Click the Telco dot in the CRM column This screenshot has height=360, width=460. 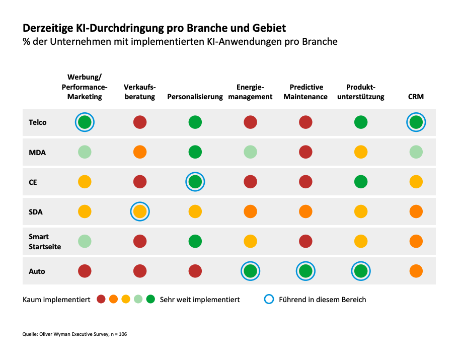(x=416, y=122)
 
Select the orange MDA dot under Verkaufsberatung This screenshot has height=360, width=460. (x=140, y=152)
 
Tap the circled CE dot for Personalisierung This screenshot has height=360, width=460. (x=195, y=182)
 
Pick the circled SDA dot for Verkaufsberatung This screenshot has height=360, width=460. (x=140, y=211)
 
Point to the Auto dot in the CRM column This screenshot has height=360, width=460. (x=416, y=271)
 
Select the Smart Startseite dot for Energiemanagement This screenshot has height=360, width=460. (x=250, y=242)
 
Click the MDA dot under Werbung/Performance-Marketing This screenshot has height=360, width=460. (x=85, y=152)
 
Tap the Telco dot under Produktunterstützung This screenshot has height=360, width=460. (x=360, y=122)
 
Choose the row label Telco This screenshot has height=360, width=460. (x=38, y=122)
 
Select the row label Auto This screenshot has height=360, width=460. (x=37, y=271)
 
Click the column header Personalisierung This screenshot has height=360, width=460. (x=195, y=97)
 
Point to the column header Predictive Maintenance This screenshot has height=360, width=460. (x=305, y=92)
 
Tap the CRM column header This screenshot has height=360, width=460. (x=416, y=97)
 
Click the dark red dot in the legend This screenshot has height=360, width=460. (x=101, y=300)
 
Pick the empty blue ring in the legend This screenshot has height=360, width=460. (x=269, y=300)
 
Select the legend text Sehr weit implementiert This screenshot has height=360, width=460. (x=200, y=300)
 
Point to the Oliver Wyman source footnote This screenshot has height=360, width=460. (x=74, y=334)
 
